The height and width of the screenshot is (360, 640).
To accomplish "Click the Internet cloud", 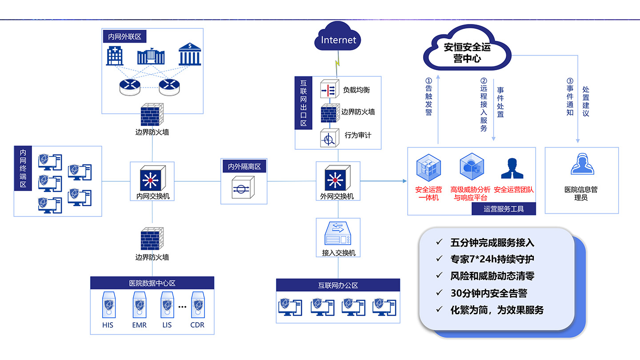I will point(338,40).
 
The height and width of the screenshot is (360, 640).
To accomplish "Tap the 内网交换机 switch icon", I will point(152,178).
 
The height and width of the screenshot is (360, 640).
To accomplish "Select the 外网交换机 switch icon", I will point(338,178).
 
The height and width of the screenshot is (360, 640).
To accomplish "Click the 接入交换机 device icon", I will point(338,234).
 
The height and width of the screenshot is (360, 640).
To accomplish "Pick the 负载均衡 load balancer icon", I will point(330,89).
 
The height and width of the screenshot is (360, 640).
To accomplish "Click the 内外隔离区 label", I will point(244,167).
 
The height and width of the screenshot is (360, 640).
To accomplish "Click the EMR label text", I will point(139,325).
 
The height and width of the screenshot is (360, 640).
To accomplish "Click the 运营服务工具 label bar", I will point(504,209).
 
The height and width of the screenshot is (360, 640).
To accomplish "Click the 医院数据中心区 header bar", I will point(152,283).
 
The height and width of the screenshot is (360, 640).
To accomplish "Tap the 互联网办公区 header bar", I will point(338,285).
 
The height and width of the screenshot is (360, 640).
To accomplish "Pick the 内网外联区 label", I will point(125,36).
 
